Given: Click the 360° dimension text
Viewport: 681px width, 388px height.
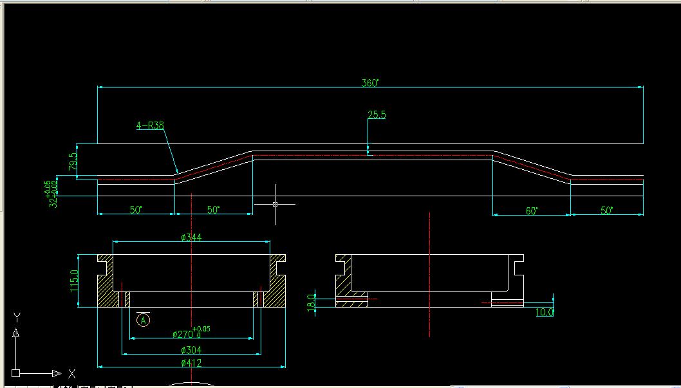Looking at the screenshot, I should [x=369, y=83].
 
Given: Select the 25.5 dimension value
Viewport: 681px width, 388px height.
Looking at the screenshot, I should [x=377, y=115].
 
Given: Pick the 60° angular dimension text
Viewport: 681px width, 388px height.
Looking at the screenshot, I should [x=532, y=210].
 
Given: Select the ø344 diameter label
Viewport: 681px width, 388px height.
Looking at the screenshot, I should [x=191, y=237].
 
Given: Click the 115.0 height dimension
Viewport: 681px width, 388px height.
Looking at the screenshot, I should [x=74, y=281].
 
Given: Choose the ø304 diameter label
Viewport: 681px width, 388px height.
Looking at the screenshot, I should [x=191, y=350].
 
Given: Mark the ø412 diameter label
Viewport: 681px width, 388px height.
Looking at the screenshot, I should [x=191, y=364].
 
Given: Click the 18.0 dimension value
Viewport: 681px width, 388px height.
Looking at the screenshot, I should [x=312, y=302].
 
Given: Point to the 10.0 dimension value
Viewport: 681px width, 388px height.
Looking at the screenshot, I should [x=545, y=312].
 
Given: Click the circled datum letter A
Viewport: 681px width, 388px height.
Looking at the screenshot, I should [x=144, y=319].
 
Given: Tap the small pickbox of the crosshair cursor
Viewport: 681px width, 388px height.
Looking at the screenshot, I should [x=275, y=204].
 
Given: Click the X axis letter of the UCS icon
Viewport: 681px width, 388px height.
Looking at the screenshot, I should [x=71, y=373].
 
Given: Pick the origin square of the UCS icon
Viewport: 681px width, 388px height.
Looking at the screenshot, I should [x=16, y=373].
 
